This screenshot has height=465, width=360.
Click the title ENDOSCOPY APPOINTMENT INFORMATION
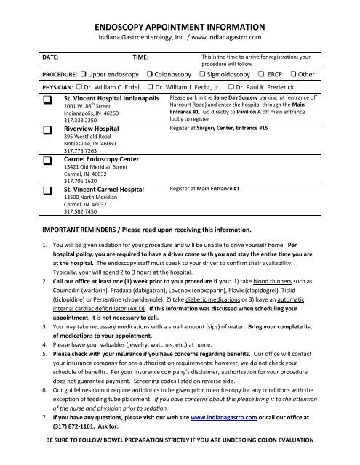179,22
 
